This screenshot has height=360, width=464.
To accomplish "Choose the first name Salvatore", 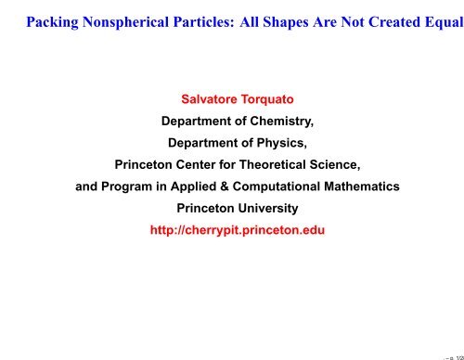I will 197,99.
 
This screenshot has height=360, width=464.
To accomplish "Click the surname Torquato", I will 263,99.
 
